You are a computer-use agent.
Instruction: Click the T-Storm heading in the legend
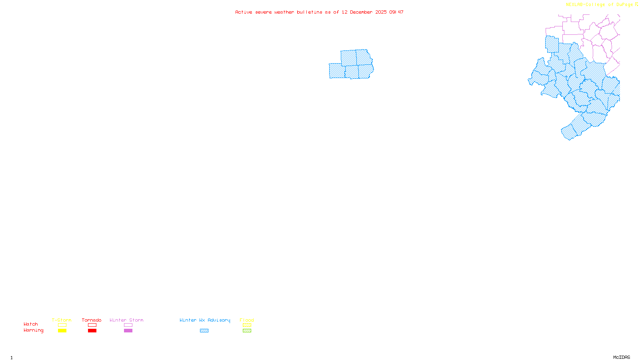tap(62, 320)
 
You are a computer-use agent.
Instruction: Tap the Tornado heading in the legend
tap(92, 320)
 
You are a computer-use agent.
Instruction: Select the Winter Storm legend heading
tap(126, 320)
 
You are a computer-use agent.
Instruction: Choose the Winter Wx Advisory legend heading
tap(205, 320)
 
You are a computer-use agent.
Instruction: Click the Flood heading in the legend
tap(247, 320)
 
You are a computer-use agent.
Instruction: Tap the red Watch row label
tap(31, 324)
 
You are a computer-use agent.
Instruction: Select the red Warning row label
tap(34, 330)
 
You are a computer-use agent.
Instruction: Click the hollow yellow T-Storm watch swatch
tap(62, 325)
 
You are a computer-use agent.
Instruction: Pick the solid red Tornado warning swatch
tap(92, 331)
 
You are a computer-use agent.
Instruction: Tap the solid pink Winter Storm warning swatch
tap(128, 331)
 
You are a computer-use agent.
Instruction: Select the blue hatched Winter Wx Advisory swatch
tap(204, 331)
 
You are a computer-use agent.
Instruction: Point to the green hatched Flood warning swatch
tap(247, 331)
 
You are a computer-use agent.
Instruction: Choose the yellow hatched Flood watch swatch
tap(247, 325)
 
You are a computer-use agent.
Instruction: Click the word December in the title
tap(361, 12)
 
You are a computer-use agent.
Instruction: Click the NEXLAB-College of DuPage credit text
tap(600, 4)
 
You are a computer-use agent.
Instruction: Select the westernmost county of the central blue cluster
tap(337, 71)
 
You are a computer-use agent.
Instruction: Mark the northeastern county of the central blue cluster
tap(364, 57)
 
